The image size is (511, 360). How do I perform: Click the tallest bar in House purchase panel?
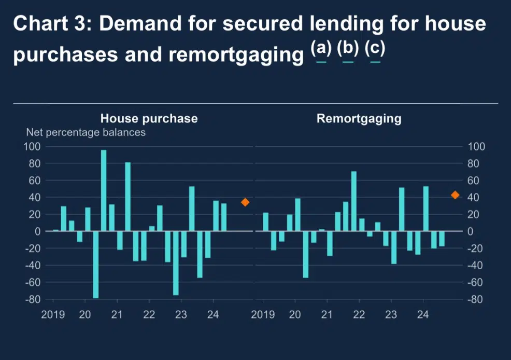[x=104, y=190]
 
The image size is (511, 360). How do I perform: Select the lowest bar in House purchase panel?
[x=96, y=265]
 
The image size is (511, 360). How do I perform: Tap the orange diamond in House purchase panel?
[x=245, y=202]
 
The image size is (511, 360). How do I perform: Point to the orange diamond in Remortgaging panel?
[x=455, y=195]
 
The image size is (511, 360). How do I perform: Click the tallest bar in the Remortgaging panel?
[x=354, y=201]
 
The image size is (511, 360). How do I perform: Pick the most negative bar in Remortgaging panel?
[x=306, y=255]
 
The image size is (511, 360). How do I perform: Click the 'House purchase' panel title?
[x=149, y=118]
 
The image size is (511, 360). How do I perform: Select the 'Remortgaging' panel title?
[x=359, y=118]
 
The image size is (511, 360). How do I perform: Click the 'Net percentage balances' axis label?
[x=86, y=132]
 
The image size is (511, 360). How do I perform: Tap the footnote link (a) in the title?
[x=321, y=49]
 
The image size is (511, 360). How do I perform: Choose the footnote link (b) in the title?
[x=348, y=49]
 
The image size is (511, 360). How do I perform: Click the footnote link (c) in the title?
[x=375, y=49]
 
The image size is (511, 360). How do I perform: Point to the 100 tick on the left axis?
[x=33, y=147]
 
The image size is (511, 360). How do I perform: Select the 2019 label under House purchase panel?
[x=53, y=314]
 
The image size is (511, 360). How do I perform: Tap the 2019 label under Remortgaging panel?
[x=263, y=314]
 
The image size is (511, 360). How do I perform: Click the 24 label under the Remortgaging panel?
[x=423, y=314]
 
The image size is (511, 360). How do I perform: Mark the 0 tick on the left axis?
[x=37, y=231]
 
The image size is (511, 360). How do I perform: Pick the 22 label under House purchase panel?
[x=149, y=314]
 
